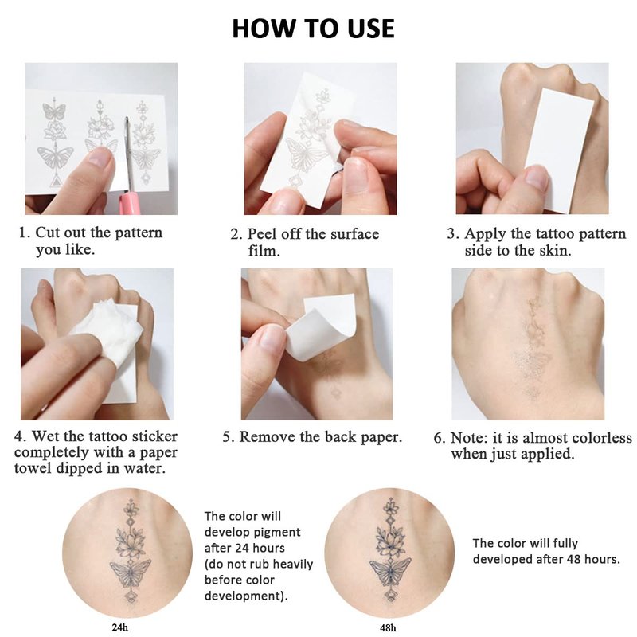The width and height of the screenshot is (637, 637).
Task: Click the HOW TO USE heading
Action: (x=313, y=29)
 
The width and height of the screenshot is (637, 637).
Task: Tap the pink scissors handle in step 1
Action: (x=130, y=203)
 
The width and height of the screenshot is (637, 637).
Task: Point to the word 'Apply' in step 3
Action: (x=486, y=234)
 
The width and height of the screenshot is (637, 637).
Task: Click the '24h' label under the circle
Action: (x=120, y=627)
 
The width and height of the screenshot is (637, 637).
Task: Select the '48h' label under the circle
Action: (x=388, y=627)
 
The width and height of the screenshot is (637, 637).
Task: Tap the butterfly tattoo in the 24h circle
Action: (x=131, y=572)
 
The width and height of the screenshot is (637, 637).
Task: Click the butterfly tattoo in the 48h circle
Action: (x=390, y=572)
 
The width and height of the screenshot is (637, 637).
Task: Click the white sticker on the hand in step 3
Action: (x=560, y=150)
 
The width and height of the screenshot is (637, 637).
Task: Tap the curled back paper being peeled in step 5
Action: (x=321, y=325)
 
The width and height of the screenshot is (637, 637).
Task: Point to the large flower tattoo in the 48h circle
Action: (x=390, y=542)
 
